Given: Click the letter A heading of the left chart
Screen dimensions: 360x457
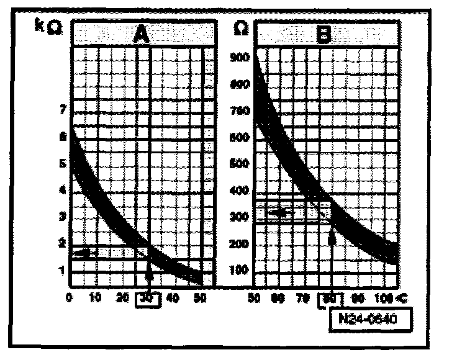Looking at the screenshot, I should pyautogui.click(x=142, y=35).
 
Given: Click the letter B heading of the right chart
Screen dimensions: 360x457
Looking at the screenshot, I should pyautogui.click(x=324, y=35).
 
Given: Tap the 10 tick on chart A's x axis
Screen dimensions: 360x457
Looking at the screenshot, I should pyautogui.click(x=96, y=299).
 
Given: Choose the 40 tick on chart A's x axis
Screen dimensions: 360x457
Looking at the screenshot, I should pyautogui.click(x=173, y=299).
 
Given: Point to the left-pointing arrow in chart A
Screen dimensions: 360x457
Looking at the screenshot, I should pyautogui.click(x=89, y=253).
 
